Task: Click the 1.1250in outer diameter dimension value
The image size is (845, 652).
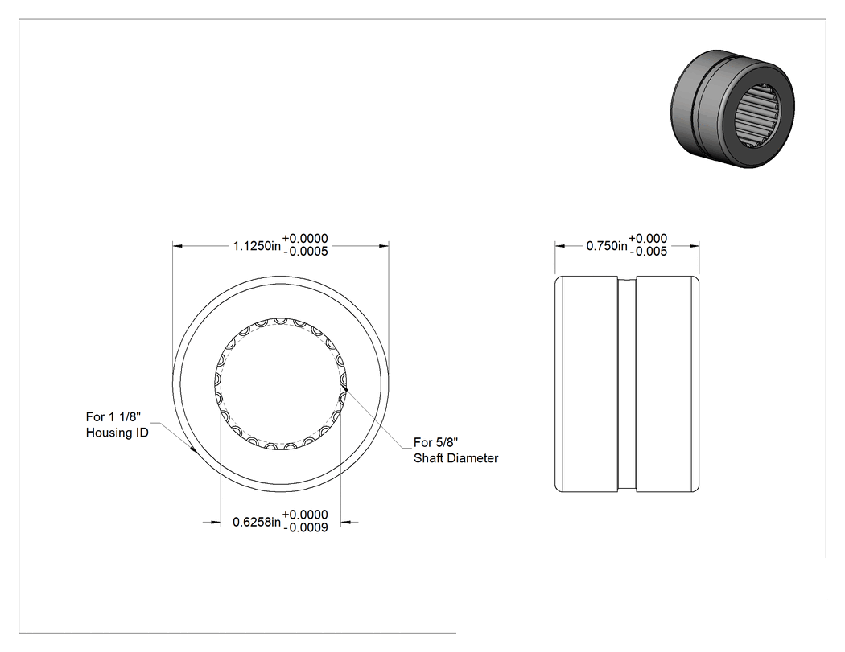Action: [x=257, y=246]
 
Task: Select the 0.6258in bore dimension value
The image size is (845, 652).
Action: [x=257, y=522]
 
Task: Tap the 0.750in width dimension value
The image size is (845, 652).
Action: [x=607, y=246]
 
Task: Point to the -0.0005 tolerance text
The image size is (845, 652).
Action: [x=305, y=252]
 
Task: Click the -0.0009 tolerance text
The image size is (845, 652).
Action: [x=305, y=527]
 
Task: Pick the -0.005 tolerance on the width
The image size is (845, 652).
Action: [x=649, y=252]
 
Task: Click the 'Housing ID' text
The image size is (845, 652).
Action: [x=117, y=433]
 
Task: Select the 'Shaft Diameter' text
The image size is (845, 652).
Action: [x=456, y=458]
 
